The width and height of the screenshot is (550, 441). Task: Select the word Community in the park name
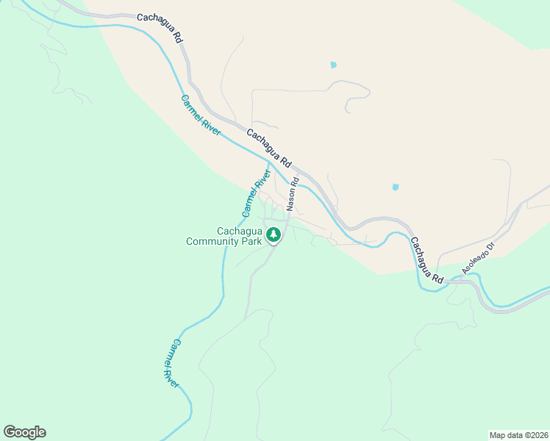point(215,241)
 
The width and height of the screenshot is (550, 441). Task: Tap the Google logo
point(24,432)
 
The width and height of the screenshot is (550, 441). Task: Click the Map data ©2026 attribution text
point(518,435)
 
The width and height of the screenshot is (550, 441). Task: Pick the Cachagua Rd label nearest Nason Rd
point(269,147)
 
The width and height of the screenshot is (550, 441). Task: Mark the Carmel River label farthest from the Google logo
point(201,114)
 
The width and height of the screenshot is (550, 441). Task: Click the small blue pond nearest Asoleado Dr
point(396,187)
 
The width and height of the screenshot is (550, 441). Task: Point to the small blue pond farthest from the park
point(333,65)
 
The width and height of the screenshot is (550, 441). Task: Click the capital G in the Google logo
point(10,432)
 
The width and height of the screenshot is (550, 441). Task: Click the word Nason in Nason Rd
point(293,199)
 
